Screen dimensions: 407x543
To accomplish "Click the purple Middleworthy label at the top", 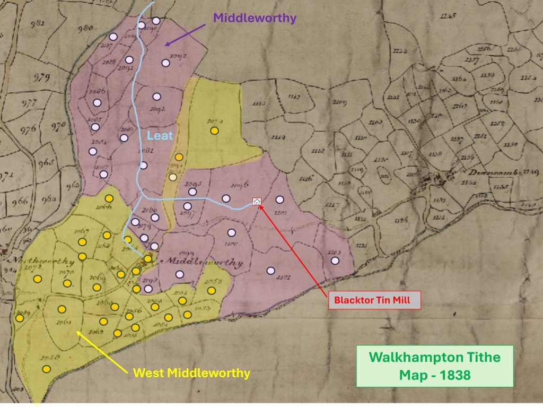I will click(255, 18).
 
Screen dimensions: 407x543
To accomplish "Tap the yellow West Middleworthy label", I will click(191, 373).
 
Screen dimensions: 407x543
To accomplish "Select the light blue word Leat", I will click(160, 136).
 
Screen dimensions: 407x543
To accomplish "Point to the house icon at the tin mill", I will click(257, 202).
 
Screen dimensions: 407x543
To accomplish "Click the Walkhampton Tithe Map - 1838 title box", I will click(434, 366).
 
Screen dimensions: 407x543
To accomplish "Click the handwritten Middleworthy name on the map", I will click(204, 262).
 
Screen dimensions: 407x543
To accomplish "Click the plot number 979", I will click(41, 78).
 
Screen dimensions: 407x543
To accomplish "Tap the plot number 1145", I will click(448, 16).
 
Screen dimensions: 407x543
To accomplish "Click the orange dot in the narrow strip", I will click(179, 157).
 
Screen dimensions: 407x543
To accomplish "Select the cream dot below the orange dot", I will click(172, 177).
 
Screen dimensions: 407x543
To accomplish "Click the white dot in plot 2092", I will click(165, 63).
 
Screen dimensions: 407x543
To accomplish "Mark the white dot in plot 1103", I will click(335, 260).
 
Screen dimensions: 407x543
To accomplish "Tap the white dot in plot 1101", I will click(270, 271).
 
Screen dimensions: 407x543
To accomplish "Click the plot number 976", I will click(28, 129).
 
